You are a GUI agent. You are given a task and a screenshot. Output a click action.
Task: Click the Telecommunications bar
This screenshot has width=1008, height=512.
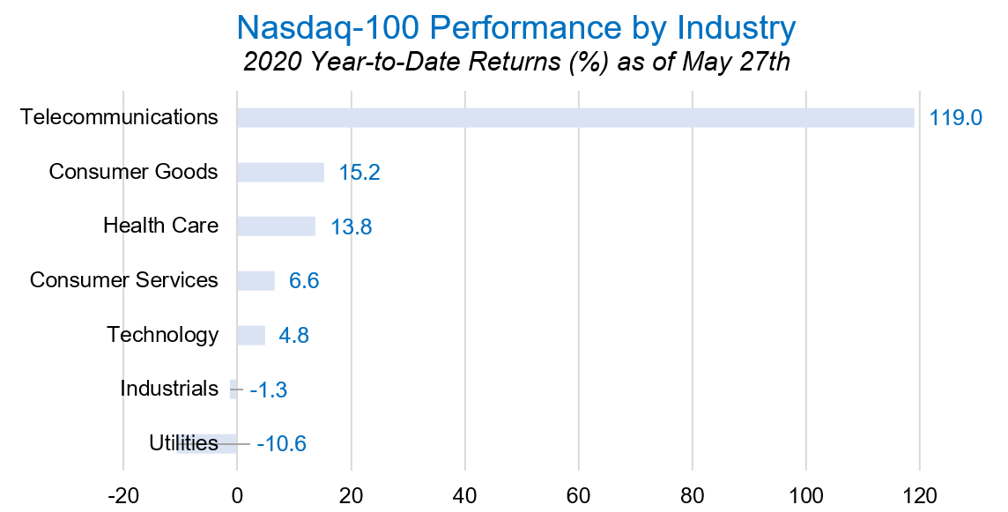click(x=575, y=118)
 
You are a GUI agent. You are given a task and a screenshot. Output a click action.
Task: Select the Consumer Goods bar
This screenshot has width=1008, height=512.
click(x=280, y=173)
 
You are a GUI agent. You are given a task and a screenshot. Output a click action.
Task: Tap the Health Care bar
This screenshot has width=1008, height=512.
click(x=276, y=226)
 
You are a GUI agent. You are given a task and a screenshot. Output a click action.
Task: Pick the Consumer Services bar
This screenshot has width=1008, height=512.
click(x=256, y=281)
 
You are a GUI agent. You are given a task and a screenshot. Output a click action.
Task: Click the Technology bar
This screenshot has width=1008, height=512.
click(x=250, y=336)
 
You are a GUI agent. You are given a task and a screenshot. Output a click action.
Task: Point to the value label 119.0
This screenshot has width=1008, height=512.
click(x=955, y=118)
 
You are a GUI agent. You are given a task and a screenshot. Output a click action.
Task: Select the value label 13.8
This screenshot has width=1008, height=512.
click(x=352, y=227)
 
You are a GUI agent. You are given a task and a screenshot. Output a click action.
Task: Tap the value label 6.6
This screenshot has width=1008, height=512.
click(x=304, y=282)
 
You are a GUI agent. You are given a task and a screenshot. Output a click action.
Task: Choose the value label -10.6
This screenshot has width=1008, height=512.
click(x=281, y=444)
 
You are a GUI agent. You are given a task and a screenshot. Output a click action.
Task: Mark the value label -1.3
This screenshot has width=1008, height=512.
click(x=269, y=390)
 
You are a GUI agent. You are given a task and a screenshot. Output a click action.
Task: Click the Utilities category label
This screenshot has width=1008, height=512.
click(x=183, y=443)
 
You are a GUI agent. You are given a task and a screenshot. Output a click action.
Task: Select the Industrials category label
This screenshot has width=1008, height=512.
click(x=168, y=389)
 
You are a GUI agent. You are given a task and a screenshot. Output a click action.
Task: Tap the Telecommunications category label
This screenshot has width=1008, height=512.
click(x=119, y=117)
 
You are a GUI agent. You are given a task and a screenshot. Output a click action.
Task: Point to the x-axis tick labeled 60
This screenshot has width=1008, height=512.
click(x=579, y=494)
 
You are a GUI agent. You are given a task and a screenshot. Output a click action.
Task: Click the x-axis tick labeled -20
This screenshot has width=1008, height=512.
click(x=122, y=494)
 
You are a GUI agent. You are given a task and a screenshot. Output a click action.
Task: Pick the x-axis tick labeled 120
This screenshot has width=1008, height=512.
click(x=920, y=494)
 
